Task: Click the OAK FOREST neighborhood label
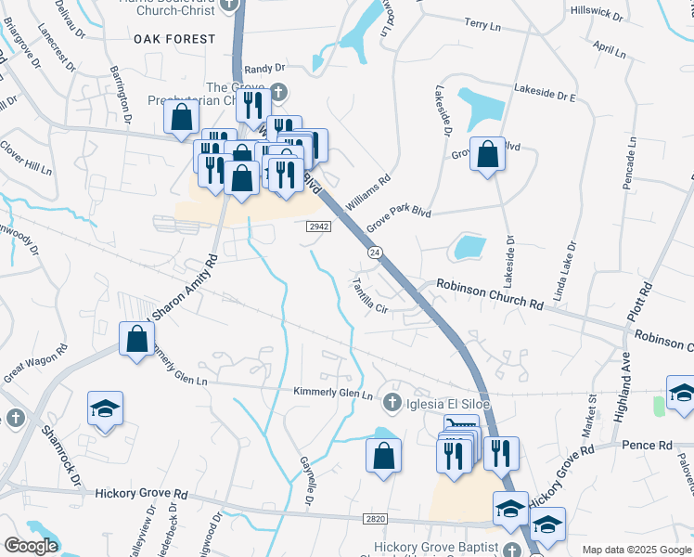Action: (174, 39)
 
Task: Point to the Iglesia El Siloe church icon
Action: (392, 401)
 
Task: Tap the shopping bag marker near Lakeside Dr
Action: (487, 153)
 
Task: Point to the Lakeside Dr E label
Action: (546, 94)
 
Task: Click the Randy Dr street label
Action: (265, 69)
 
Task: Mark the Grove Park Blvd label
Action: (399, 219)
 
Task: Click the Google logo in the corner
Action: (30, 546)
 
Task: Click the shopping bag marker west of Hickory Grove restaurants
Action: (382, 456)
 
